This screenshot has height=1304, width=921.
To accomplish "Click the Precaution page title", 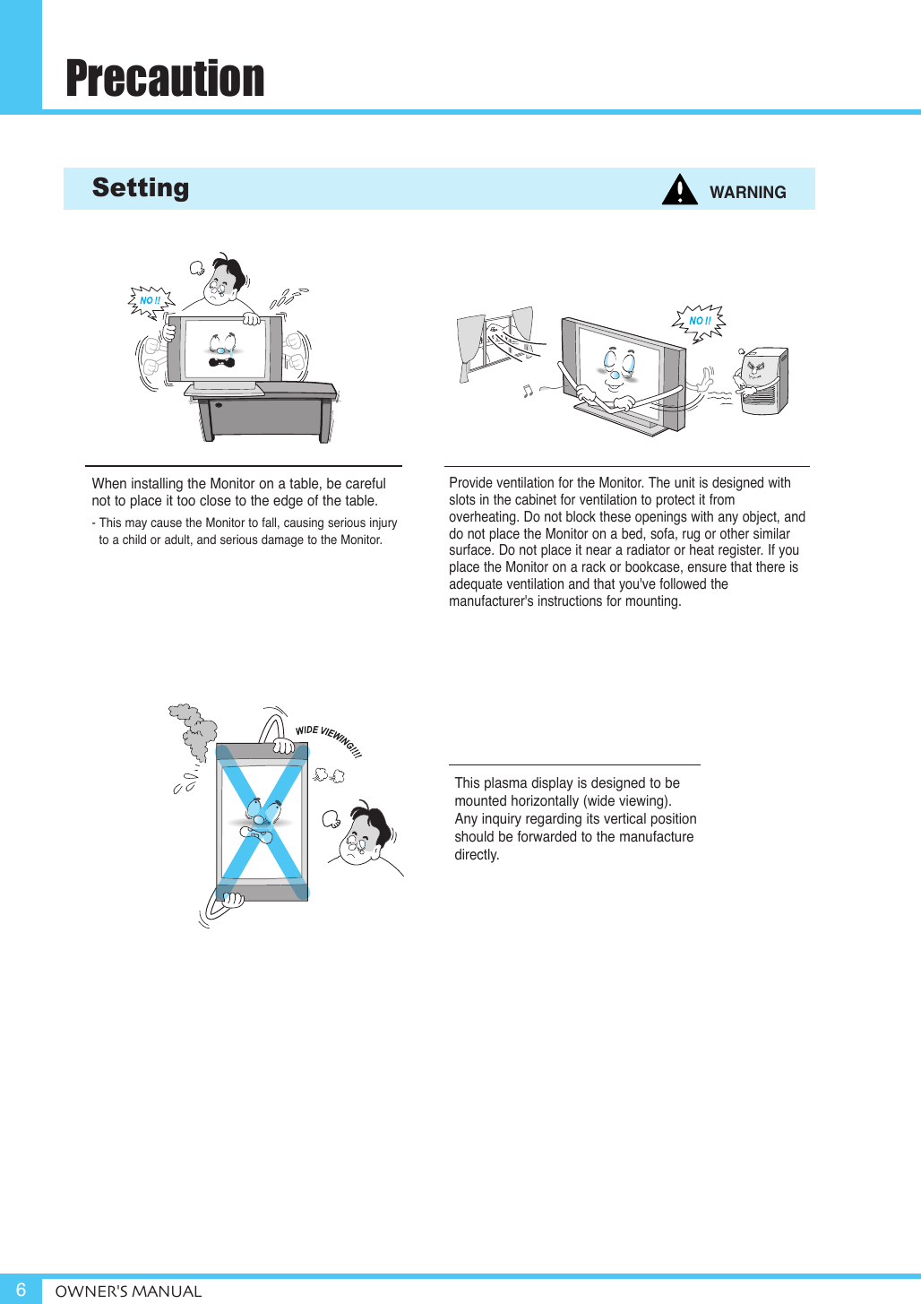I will click(165, 78).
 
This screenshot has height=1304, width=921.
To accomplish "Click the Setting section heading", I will click(141, 187).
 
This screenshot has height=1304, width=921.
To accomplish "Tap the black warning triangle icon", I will click(680, 190).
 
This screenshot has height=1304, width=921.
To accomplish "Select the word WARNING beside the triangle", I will click(747, 192).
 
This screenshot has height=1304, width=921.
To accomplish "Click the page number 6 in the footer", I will click(21, 1290).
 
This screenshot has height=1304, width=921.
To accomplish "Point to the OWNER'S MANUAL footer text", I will click(128, 1291).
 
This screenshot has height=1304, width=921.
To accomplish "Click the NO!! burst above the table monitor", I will click(151, 301).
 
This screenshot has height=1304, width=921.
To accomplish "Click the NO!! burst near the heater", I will click(699, 321).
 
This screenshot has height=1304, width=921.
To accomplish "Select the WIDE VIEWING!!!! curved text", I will click(329, 739).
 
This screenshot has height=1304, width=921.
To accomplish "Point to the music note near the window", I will click(528, 391).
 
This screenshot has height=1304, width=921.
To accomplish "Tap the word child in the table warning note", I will click(131, 540).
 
